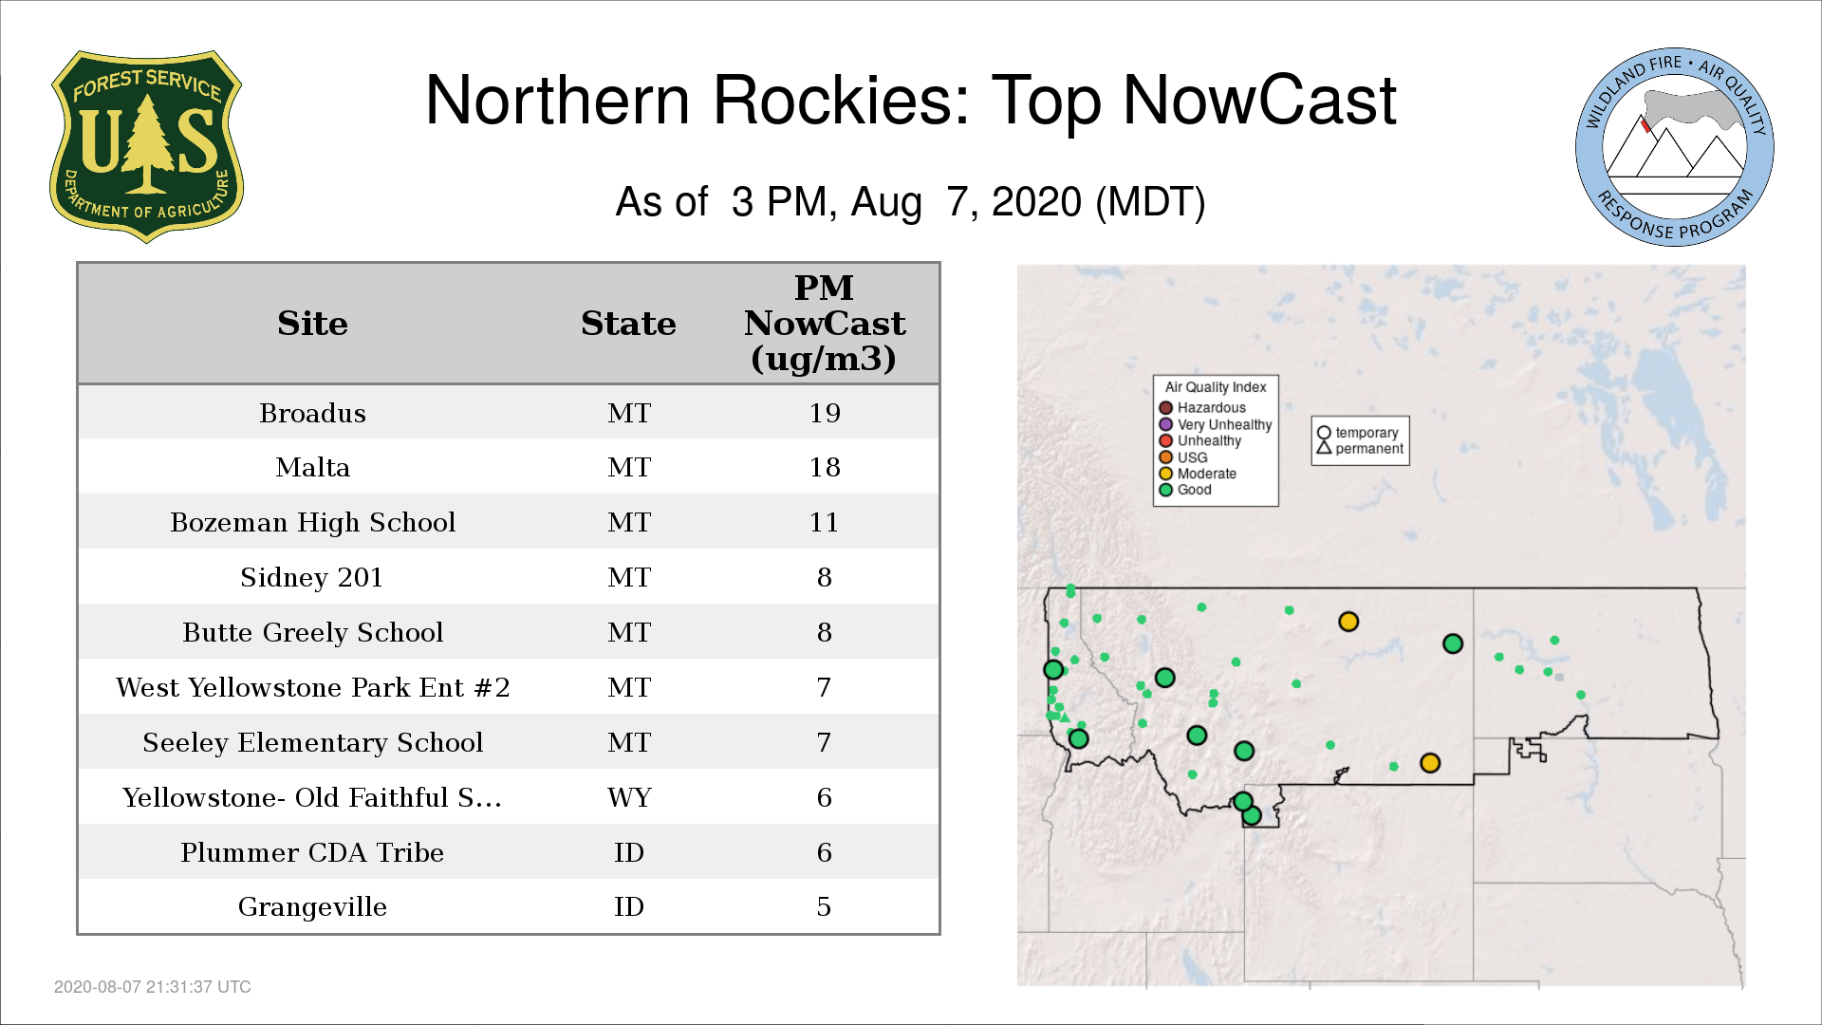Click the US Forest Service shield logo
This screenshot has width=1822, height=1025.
tap(146, 146)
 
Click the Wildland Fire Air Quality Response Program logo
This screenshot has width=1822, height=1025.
tap(1675, 147)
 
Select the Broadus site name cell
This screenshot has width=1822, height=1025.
tap(312, 413)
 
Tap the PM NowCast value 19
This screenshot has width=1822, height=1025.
tap(825, 413)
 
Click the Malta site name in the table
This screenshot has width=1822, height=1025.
tap(312, 467)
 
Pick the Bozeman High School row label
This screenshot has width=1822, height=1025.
tap(312, 522)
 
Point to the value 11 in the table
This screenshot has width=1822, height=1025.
tap(824, 522)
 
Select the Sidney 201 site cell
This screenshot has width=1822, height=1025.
tap(311, 577)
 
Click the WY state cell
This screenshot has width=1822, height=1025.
tap(629, 797)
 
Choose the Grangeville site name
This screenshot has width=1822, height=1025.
tap(312, 907)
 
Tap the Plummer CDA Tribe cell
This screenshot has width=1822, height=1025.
tap(312, 852)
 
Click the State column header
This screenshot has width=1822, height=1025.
tap(628, 324)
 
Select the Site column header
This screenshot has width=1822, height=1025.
tap(312, 324)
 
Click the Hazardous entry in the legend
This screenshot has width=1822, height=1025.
tap(1202, 408)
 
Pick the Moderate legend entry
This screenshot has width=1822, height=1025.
tap(1198, 474)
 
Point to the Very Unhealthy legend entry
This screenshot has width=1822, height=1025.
tap(1216, 424)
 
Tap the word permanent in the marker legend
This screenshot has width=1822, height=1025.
tap(1369, 449)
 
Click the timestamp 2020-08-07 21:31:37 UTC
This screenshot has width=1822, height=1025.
tap(153, 987)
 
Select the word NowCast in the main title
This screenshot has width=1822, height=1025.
tap(1260, 101)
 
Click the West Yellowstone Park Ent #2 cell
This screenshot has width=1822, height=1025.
tap(312, 687)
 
